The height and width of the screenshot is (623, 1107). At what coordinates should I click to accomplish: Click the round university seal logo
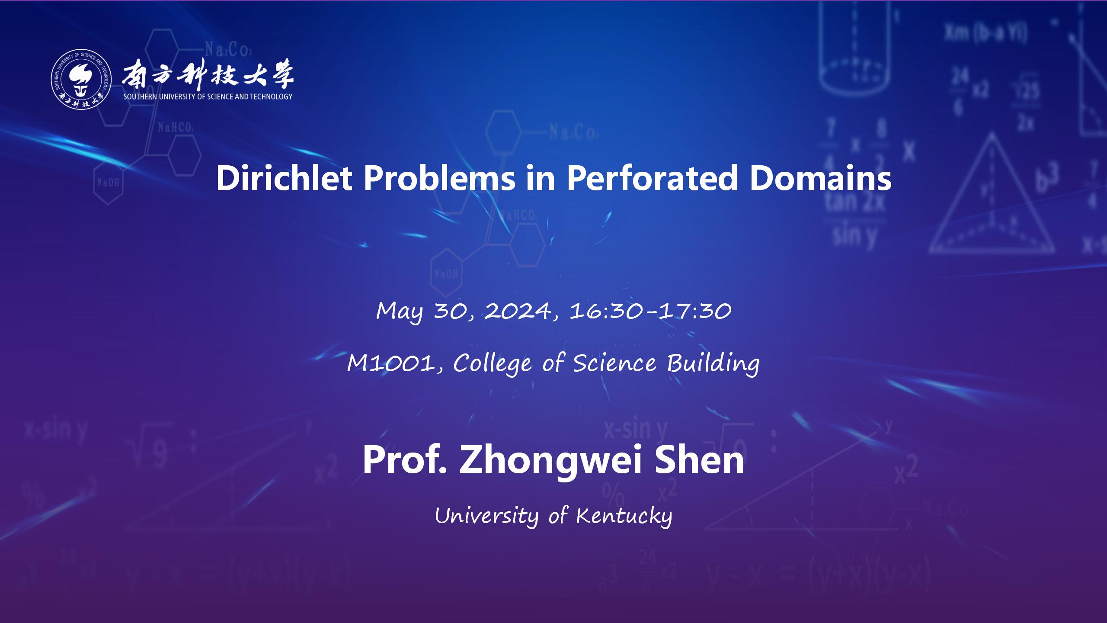point(81,79)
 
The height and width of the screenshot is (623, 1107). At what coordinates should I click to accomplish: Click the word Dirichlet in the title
point(284,178)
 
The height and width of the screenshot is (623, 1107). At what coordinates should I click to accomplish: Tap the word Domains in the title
point(820,178)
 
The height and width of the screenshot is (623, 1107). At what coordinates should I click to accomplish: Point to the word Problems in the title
point(439,178)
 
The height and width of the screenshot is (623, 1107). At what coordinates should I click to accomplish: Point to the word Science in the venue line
point(614,363)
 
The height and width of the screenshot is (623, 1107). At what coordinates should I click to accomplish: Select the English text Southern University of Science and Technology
point(208,97)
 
